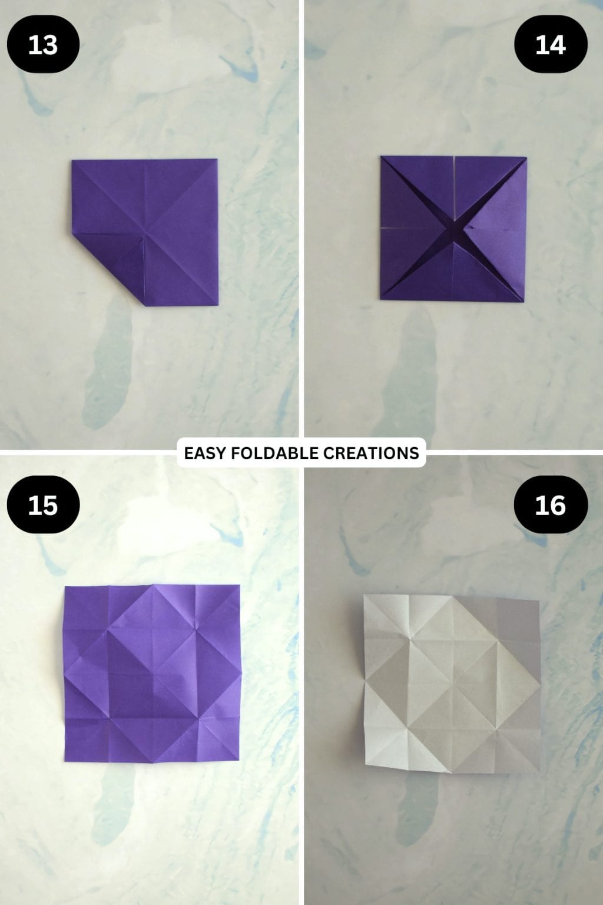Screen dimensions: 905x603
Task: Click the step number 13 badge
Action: (x=43, y=44)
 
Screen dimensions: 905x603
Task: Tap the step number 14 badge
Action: (x=551, y=44)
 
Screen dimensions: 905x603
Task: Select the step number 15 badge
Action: (x=43, y=505)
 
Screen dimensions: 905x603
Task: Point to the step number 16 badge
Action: (x=551, y=505)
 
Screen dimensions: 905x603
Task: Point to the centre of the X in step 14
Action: (x=454, y=229)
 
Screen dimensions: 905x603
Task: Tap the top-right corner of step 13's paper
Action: (x=217, y=160)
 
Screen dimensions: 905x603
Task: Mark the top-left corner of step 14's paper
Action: (x=381, y=157)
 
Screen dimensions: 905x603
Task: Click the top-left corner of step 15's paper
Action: (x=65, y=587)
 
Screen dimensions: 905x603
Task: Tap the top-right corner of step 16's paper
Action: (x=539, y=601)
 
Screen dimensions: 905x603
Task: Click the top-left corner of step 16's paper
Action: (x=364, y=595)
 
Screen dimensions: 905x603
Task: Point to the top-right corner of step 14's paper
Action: (x=526, y=157)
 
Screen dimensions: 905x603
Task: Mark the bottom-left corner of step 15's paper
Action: (x=65, y=761)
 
